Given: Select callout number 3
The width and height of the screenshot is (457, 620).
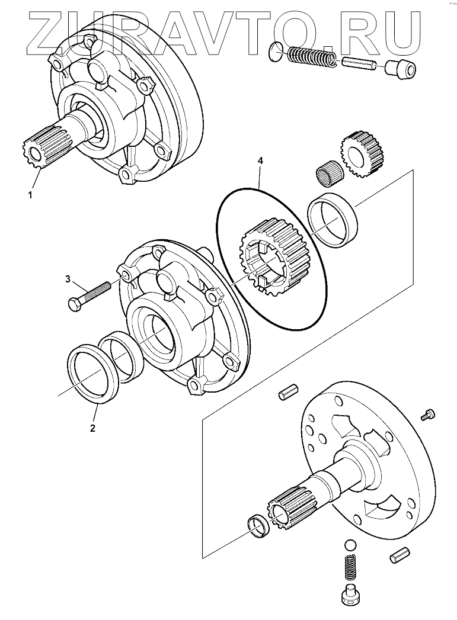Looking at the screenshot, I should tap(68, 278).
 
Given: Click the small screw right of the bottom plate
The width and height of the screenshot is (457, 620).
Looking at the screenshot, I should tap(428, 415).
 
